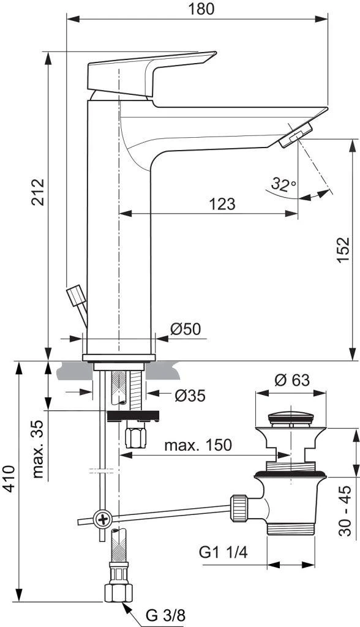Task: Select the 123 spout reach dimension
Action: click(x=222, y=204)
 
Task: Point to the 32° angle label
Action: click(x=283, y=184)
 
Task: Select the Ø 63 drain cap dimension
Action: click(x=292, y=380)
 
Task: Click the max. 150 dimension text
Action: click(x=198, y=445)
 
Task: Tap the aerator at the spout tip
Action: click(x=295, y=136)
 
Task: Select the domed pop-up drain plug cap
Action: click(x=291, y=419)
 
